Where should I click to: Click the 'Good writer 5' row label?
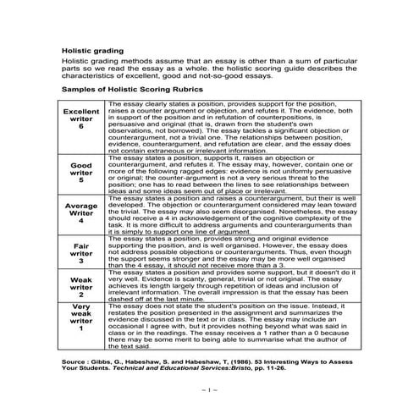tap(81, 172)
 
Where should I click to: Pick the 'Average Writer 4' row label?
tap(81, 213)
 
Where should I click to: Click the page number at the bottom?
tap(209, 389)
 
